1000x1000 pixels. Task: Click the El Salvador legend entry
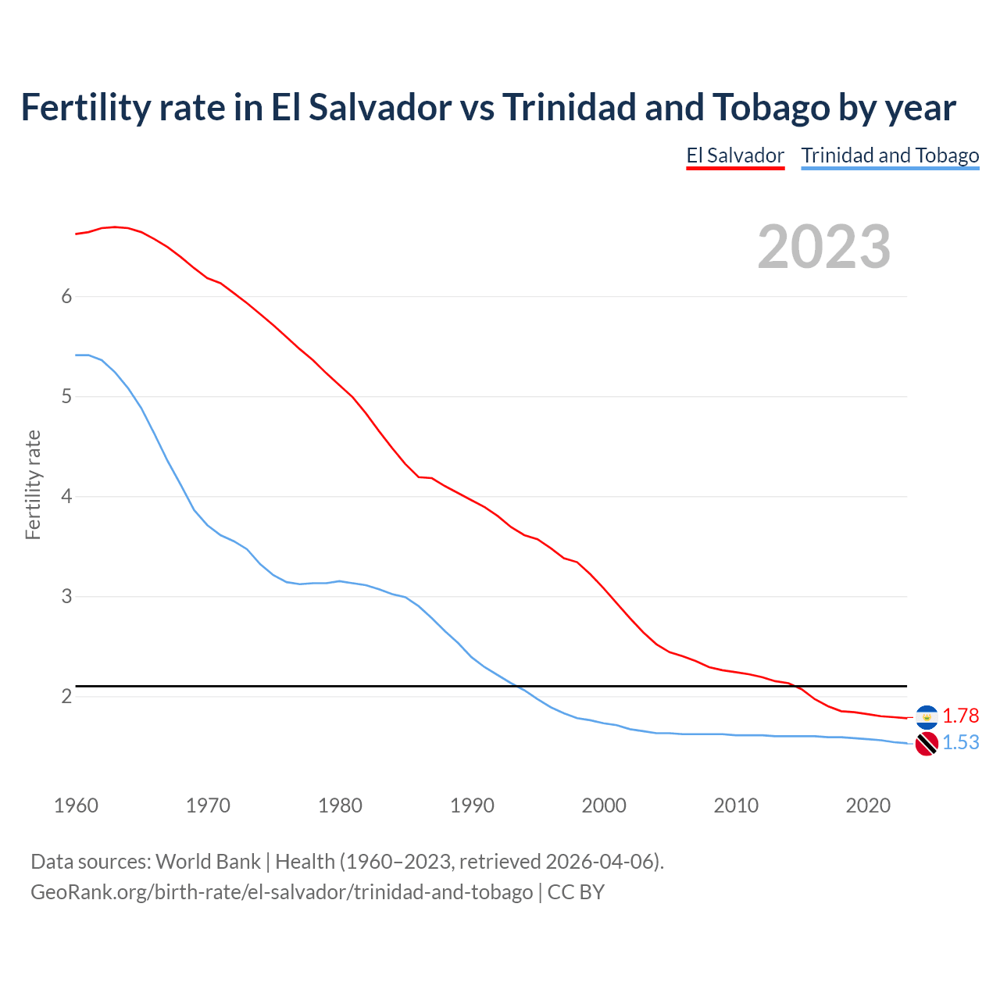735,155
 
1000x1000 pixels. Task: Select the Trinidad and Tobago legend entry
890,155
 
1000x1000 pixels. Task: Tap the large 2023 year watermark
823,247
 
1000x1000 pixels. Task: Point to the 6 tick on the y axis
66,296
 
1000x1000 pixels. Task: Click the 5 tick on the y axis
66,396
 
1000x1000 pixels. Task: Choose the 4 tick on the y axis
66,496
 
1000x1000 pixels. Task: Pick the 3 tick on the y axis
66,596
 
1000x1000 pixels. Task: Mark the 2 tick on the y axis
66,696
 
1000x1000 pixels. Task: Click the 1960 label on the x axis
76,805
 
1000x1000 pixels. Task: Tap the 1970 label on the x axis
208,805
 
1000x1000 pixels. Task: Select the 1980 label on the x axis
340,805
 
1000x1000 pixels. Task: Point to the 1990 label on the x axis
472,805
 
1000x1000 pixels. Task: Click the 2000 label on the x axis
604,805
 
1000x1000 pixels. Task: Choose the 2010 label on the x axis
736,805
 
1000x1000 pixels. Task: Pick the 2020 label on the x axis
868,805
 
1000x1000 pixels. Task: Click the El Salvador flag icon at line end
927,716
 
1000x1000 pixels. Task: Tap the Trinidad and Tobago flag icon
927,744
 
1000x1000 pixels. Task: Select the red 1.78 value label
960,716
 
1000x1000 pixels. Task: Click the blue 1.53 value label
960,742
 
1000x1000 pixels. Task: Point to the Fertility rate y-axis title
33,484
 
